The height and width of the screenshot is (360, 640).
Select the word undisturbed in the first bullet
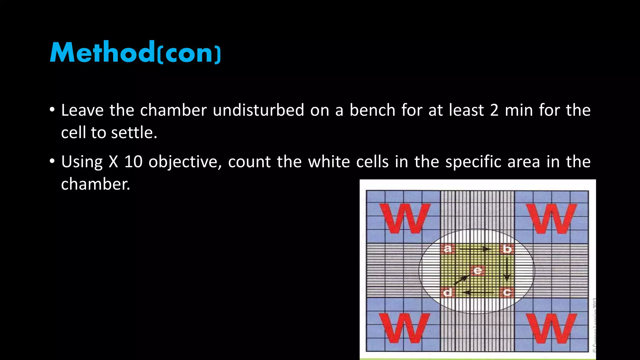258,110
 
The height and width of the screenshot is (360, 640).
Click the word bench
372,110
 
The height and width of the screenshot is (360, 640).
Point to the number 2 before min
494,110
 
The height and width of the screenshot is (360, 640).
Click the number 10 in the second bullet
133,162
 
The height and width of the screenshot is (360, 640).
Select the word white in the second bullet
329,162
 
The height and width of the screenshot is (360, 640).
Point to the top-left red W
405,218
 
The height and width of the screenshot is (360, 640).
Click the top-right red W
552,218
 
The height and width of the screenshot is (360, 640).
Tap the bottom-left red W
405,328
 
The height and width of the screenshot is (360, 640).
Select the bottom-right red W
552,328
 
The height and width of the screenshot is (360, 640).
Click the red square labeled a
447,249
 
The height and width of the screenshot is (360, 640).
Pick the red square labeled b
507,249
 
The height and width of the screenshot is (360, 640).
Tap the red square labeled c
507,292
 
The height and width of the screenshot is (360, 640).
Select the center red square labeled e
477,271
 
